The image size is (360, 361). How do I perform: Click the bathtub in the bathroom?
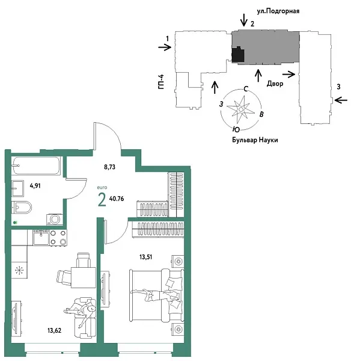36,164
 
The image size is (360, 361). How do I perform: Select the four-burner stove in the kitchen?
58,238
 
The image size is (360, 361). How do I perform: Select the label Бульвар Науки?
255,140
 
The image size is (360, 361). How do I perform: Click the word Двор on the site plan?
275,84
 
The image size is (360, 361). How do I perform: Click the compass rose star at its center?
241,109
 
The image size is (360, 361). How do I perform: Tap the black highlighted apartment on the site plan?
239,55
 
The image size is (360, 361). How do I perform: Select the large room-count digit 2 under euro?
102,199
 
